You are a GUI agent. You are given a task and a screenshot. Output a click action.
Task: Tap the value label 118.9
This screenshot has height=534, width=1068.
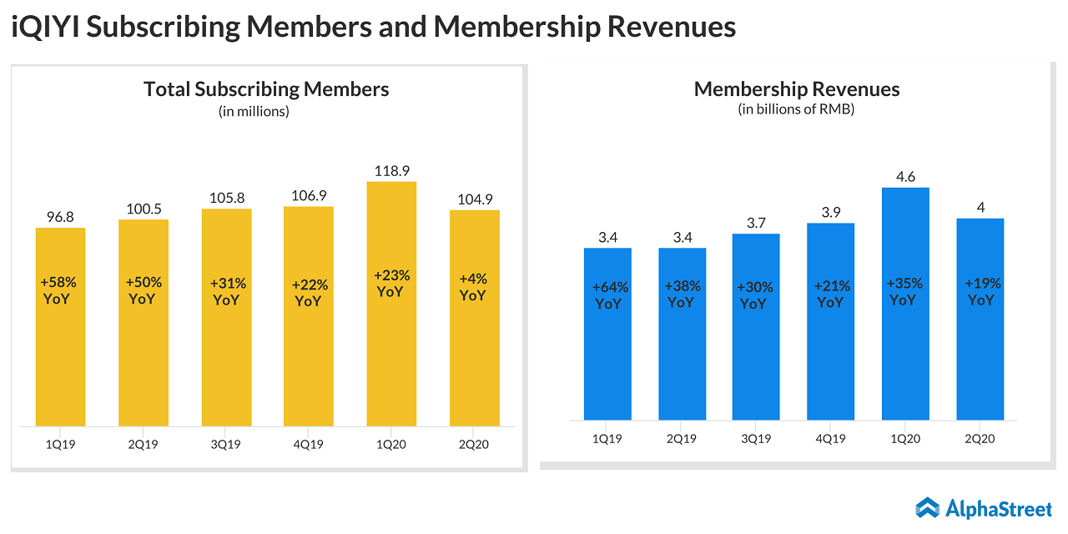coord(391,170)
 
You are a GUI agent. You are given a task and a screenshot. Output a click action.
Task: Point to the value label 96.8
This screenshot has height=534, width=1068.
coord(60,216)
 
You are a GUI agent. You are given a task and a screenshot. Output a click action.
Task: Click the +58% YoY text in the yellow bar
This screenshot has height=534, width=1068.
coord(60,290)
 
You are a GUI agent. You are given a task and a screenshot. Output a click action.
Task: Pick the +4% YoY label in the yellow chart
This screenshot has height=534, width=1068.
coord(473,287)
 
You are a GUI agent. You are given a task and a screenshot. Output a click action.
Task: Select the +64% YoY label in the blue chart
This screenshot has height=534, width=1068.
coord(608,295)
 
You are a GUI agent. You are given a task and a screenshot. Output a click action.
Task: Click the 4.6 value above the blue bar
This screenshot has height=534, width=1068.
coord(905,176)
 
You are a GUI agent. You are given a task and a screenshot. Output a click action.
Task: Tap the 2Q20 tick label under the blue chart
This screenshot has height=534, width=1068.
coord(980,439)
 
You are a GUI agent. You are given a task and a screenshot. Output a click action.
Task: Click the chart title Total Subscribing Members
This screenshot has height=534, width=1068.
coord(266,89)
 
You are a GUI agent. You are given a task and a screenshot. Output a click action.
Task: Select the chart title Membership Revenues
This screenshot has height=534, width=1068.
coord(797,89)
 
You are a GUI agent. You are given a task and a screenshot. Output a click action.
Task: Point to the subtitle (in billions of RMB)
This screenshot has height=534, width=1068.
coord(796,109)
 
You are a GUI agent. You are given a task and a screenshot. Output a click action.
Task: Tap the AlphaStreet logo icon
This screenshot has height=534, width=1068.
coord(927,507)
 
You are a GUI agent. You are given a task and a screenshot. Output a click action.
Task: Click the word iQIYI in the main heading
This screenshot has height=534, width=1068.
coord(45,27)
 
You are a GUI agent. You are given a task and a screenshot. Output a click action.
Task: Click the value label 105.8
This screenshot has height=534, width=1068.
coord(225,197)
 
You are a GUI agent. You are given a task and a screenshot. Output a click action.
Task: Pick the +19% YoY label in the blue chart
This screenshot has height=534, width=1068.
coord(981,291)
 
